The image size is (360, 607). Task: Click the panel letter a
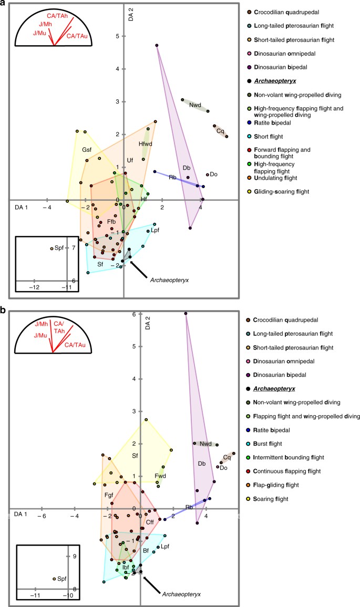[4, 4]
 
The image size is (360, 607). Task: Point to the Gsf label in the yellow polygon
[87, 150]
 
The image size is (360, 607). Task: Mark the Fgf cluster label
[109, 495]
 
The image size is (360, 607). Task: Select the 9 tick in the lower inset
[75, 557]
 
